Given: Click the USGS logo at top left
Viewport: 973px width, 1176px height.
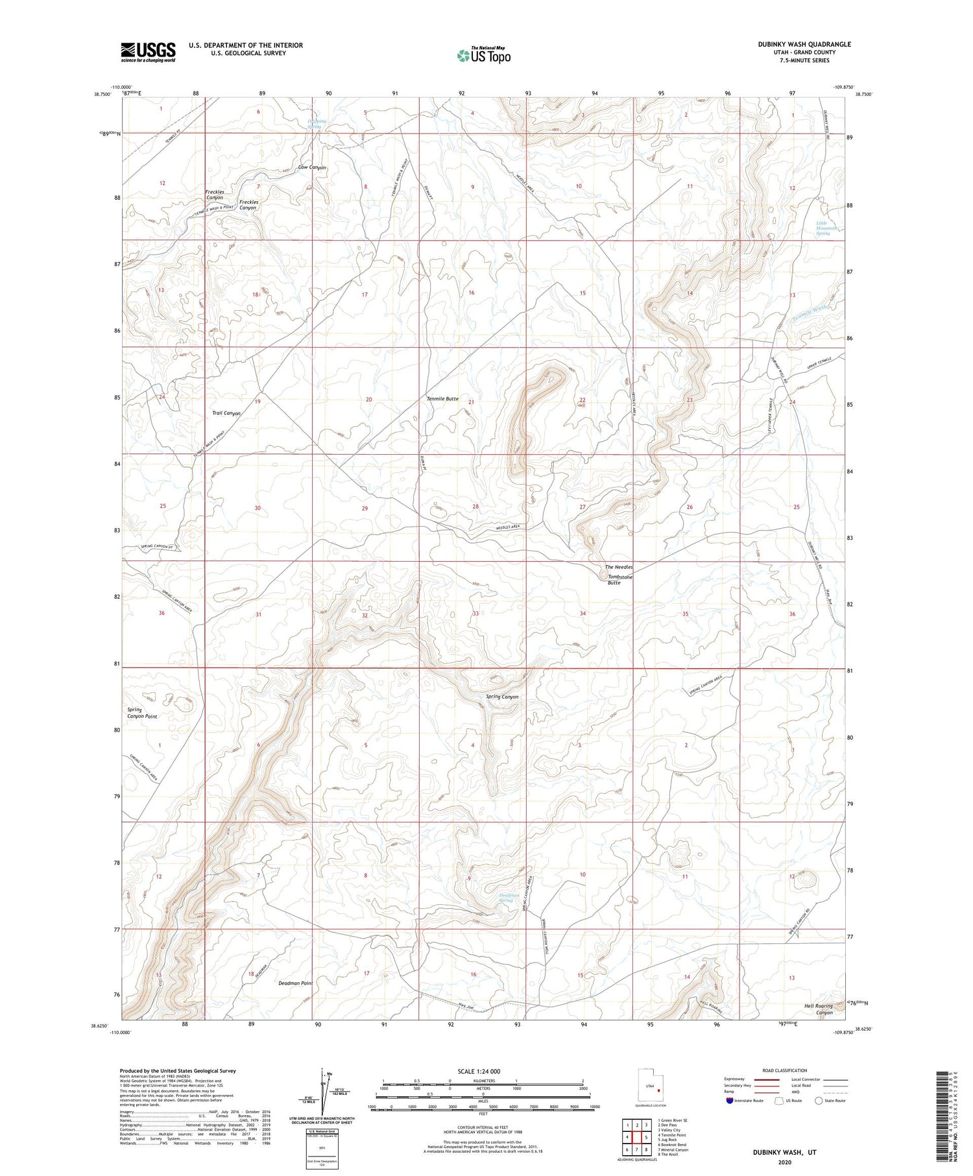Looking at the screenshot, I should (x=148, y=53).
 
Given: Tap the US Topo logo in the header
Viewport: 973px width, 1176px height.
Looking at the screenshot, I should (x=483, y=55).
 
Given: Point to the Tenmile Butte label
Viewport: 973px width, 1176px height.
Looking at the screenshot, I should (x=443, y=399).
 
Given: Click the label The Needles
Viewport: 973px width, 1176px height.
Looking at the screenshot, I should (x=618, y=567).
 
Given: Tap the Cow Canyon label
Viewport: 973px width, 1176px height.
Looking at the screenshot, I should (x=312, y=167).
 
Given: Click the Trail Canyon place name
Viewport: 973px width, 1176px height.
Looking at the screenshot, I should (x=226, y=413).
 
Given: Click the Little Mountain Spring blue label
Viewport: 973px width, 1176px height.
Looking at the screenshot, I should (x=823, y=228).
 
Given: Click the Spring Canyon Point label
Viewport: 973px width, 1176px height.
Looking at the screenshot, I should (x=141, y=713).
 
